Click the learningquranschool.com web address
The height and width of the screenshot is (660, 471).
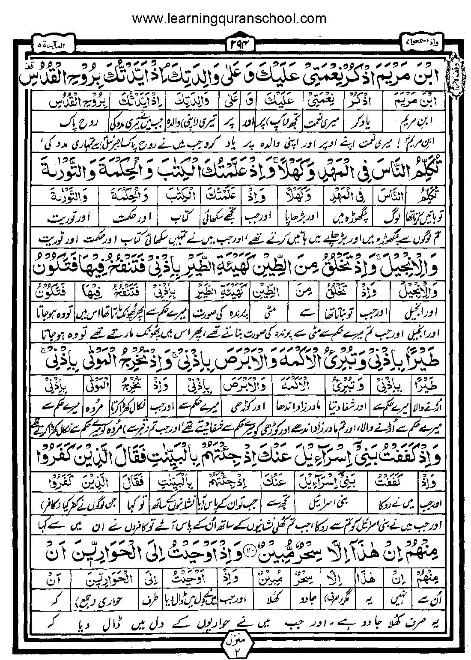click(229, 18)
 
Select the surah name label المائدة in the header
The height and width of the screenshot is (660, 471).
click(53, 44)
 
